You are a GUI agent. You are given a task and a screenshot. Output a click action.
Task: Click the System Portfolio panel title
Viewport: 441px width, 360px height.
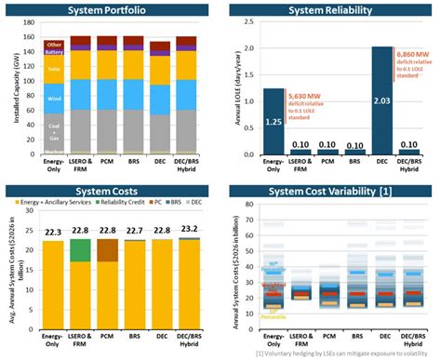[x=108, y=10]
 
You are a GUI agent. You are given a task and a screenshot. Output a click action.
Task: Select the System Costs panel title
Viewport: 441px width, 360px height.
[x=108, y=190]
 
